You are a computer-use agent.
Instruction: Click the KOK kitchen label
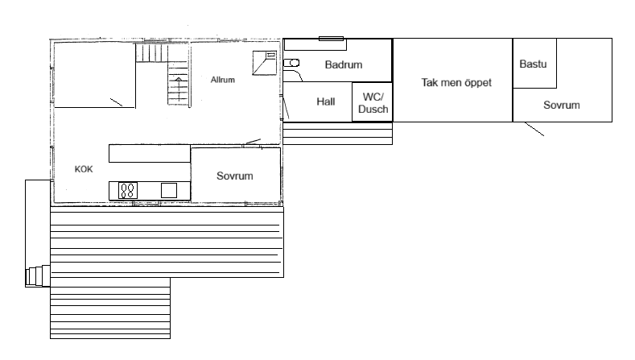click(x=84, y=169)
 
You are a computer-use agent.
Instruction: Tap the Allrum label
click(x=223, y=80)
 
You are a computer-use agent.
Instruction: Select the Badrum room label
click(x=344, y=64)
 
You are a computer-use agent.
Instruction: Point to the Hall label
click(x=326, y=101)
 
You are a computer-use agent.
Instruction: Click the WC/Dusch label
click(x=373, y=103)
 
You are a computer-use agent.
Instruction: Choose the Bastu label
click(x=533, y=64)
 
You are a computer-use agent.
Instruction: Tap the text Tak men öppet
click(x=456, y=83)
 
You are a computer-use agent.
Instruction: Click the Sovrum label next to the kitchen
click(x=235, y=176)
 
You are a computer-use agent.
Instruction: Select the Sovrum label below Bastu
click(x=562, y=105)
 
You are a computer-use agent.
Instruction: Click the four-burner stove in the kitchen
click(x=128, y=191)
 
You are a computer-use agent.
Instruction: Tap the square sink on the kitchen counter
click(x=169, y=191)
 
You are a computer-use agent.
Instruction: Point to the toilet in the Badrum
click(x=291, y=63)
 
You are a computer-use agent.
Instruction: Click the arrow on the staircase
click(x=178, y=86)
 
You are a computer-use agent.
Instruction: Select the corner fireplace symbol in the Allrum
click(x=265, y=63)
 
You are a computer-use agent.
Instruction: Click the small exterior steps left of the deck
click(x=38, y=276)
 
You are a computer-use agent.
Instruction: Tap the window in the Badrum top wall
click(x=332, y=39)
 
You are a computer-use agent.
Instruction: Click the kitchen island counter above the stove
click(x=150, y=154)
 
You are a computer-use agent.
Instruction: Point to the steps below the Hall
click(x=337, y=134)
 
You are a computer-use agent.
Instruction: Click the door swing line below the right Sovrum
click(x=534, y=129)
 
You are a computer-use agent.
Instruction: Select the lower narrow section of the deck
click(x=110, y=308)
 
